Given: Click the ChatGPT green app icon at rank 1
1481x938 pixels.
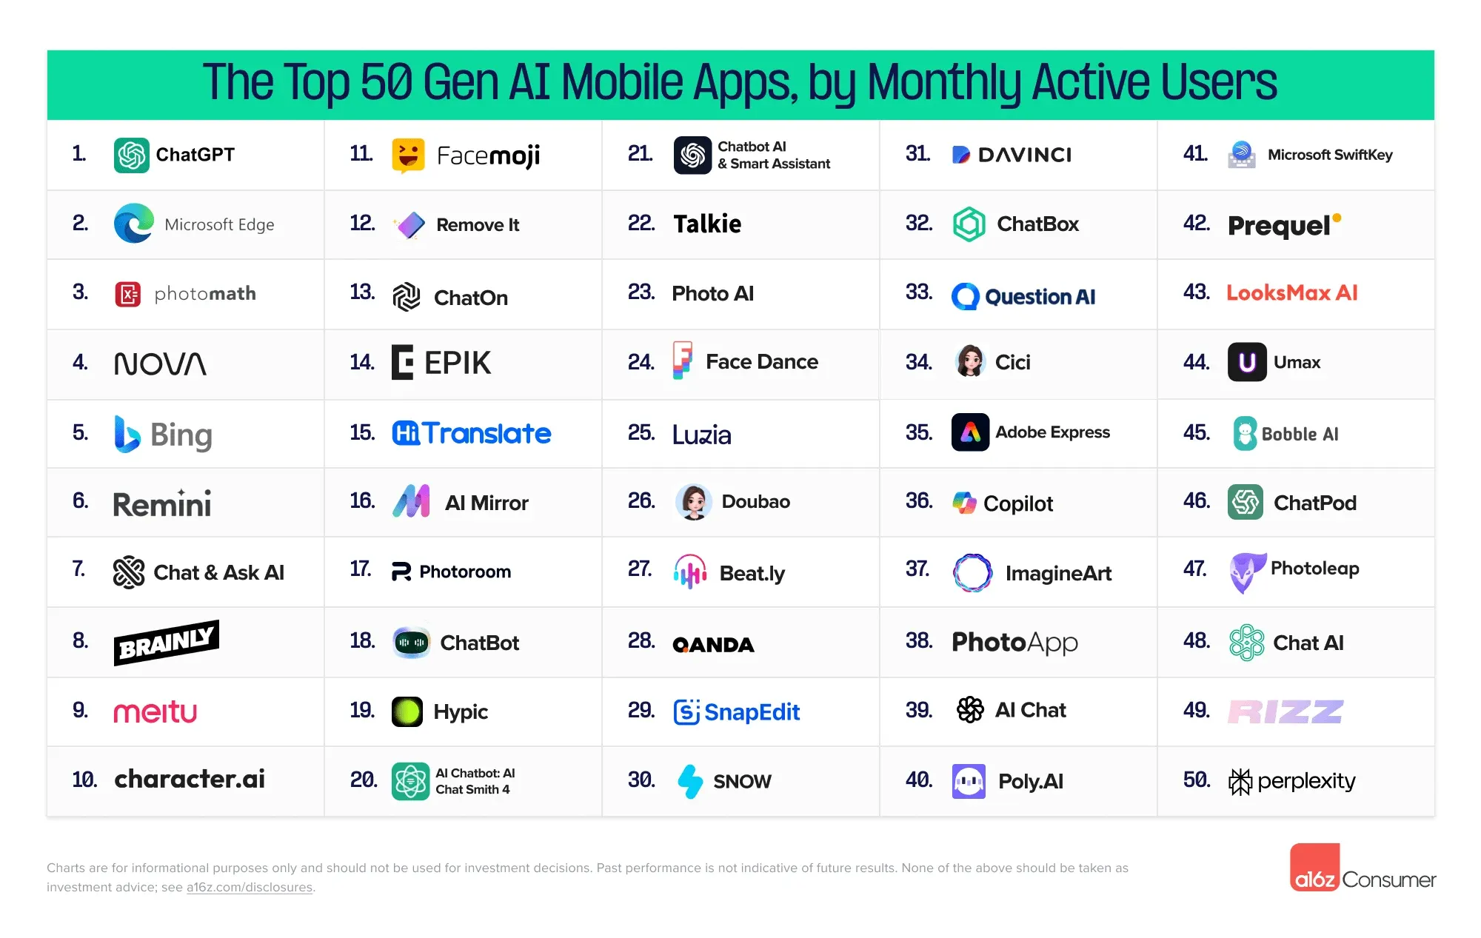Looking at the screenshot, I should [x=132, y=155].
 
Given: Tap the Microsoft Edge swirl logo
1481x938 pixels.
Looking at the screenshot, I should [x=134, y=224].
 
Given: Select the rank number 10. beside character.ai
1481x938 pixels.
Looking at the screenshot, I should [x=84, y=780].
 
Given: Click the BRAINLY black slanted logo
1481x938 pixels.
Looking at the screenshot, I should [x=166, y=643].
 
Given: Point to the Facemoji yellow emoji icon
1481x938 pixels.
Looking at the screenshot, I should [x=408, y=155].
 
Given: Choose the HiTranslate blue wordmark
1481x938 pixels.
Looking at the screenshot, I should [x=472, y=433].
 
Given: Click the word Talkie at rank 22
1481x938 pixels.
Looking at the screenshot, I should [x=706, y=224].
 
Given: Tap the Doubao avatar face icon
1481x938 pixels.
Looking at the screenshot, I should [x=694, y=502].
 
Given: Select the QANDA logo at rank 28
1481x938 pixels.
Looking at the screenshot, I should [x=713, y=645].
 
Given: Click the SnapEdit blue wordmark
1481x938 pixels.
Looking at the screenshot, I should [x=737, y=711].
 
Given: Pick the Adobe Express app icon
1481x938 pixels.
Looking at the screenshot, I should [x=970, y=432].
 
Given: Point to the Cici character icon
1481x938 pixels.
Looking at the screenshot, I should [x=970, y=362].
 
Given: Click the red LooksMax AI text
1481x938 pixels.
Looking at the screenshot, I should [x=1291, y=293].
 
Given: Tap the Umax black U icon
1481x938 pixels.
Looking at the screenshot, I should [x=1247, y=362].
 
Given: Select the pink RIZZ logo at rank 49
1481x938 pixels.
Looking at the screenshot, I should [x=1285, y=711].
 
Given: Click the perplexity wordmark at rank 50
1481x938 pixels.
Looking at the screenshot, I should [x=1306, y=781].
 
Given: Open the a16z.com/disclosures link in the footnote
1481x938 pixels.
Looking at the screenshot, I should [x=249, y=887].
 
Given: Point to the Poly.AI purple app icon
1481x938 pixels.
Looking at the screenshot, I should [x=969, y=781].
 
